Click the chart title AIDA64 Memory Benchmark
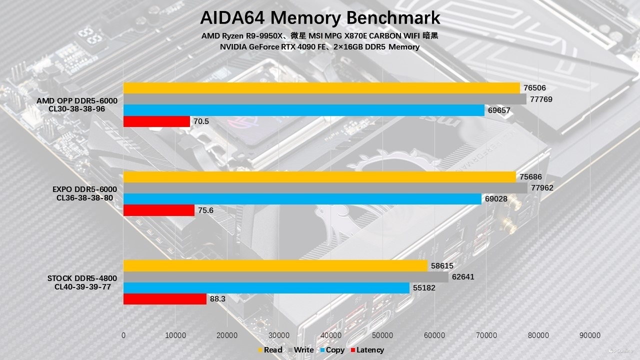[x=320, y=18]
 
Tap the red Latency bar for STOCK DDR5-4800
[x=165, y=299]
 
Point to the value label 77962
[x=542, y=188]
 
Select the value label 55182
[x=424, y=288]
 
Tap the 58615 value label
[x=442, y=266]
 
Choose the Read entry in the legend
[x=270, y=350]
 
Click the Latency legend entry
[x=367, y=350]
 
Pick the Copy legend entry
[x=332, y=350]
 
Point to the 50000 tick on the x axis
[x=382, y=335]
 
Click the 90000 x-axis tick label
[x=590, y=335]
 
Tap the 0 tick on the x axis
[x=123, y=335]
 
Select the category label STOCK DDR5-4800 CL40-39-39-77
[x=82, y=282]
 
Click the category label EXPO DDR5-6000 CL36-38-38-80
[x=84, y=193]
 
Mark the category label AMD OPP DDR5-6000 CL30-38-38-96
[x=77, y=104]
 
